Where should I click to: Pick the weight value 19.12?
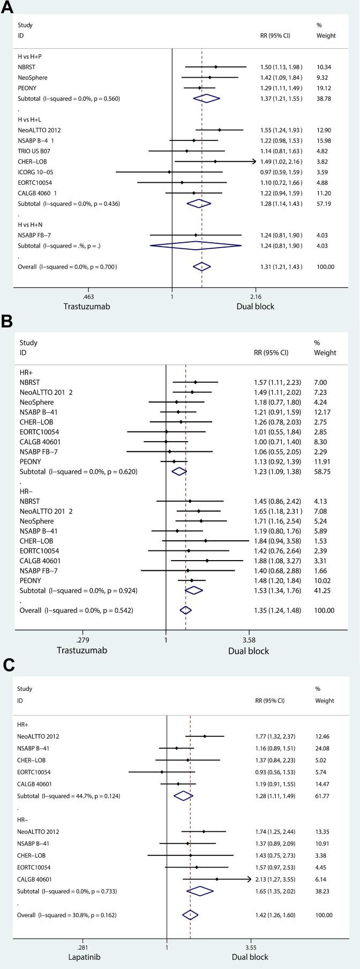tap(324, 88)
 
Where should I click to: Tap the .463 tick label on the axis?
tap(88, 297)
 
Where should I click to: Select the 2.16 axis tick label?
tap(256, 297)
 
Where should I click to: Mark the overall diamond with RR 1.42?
tap(190, 915)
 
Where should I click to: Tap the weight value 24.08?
tap(324, 748)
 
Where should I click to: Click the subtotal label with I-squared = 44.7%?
tap(67, 796)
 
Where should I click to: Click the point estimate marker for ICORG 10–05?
tap(169, 172)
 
